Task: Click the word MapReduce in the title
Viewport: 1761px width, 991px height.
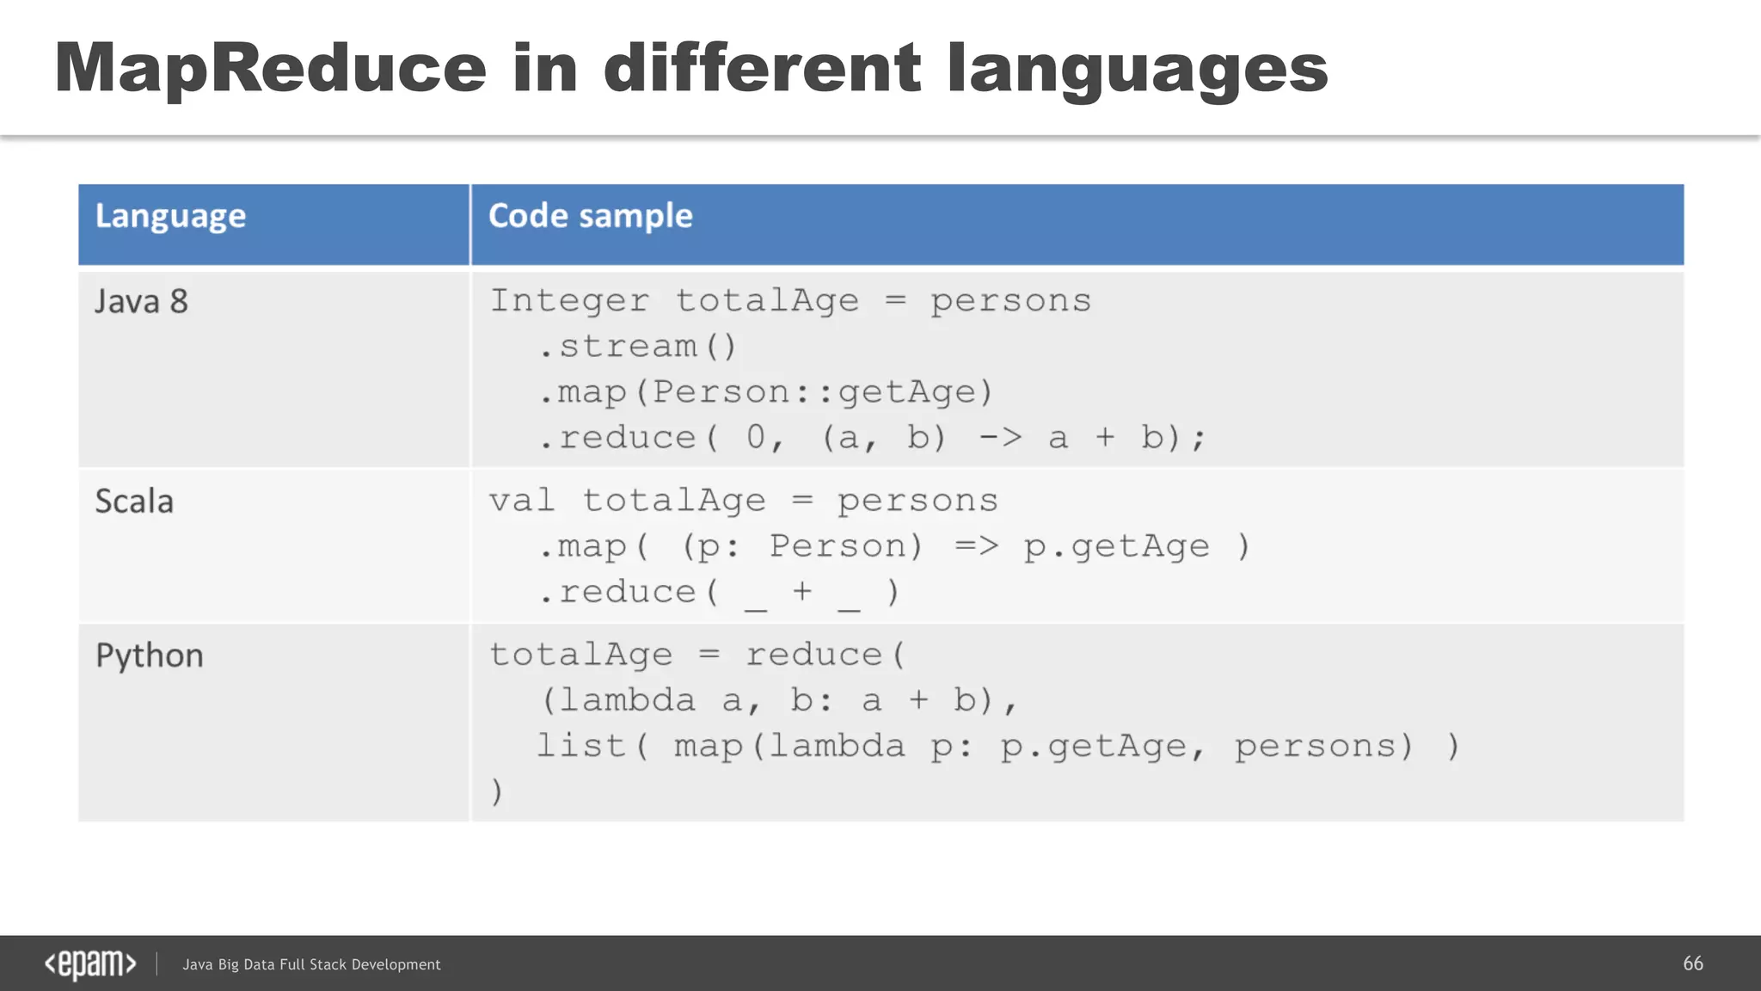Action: tap(270, 69)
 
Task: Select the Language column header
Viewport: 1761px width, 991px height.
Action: tap(170, 216)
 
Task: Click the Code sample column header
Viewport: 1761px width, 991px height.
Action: tap(590, 216)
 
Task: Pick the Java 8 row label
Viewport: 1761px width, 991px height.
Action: tap(141, 302)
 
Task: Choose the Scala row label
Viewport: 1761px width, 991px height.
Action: tap(134, 502)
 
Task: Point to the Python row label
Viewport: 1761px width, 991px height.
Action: tap(150, 656)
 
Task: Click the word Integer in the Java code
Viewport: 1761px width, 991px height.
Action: tap(569, 301)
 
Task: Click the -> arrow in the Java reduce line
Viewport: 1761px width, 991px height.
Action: tap(1000, 438)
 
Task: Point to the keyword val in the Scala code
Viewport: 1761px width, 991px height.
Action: tap(522, 501)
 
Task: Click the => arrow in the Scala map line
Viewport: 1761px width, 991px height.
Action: tap(976, 546)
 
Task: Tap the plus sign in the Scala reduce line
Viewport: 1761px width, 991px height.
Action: tap(801, 591)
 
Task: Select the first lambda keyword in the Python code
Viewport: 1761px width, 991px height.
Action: tap(627, 701)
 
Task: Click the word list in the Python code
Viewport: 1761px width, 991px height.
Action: tap(580, 746)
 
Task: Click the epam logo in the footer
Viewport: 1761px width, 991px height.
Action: tap(90, 964)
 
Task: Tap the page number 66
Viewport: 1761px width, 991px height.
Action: tap(1692, 963)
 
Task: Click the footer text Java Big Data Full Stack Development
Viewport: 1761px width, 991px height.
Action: tap(311, 965)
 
